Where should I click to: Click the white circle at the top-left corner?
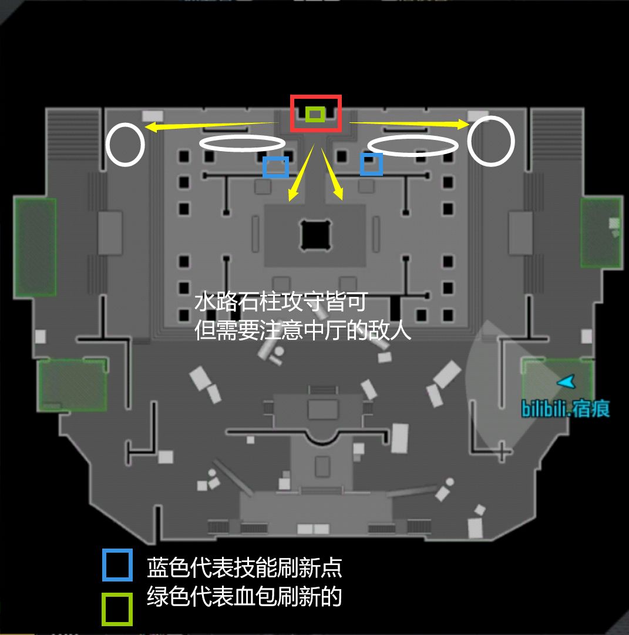[107, 145]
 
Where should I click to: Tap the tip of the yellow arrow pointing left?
[145, 127]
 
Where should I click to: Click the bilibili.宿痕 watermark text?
[565, 409]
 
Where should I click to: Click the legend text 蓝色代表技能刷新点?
[244, 568]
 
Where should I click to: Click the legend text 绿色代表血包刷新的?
[244, 597]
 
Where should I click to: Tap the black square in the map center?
[315, 235]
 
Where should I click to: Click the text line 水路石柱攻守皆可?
[281, 302]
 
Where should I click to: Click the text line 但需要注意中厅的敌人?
[302, 330]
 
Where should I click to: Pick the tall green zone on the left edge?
[35, 246]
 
